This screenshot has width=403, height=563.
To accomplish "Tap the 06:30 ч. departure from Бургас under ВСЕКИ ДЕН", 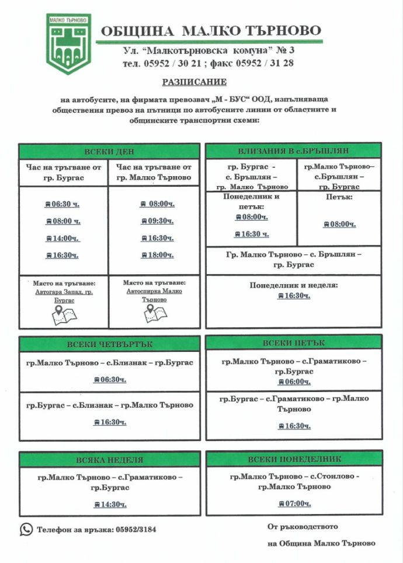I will pyautogui.click(x=62, y=204).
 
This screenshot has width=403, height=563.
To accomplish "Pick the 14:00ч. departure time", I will pyautogui.click(x=62, y=238).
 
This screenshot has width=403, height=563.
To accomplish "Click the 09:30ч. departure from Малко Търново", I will pyautogui.click(x=157, y=221).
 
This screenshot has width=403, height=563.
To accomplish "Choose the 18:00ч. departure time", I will pyautogui.click(x=157, y=255).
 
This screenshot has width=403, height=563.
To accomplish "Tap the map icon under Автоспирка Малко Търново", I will pyautogui.click(x=154, y=313).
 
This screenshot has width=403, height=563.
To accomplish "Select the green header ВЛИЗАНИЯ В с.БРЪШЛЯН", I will pyautogui.click(x=293, y=151).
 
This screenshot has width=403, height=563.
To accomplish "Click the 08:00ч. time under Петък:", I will pyautogui.click(x=339, y=224).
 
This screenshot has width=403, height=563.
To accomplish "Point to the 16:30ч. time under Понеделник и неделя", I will pyautogui.click(x=294, y=296).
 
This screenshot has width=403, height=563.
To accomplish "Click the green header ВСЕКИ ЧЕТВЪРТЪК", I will pyautogui.click(x=109, y=344).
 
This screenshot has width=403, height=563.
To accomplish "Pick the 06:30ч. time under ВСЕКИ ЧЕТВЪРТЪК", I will pyautogui.click(x=110, y=380).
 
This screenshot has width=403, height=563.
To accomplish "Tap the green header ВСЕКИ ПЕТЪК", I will pyautogui.click(x=294, y=342).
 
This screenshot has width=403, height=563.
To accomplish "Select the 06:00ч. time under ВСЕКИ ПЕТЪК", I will pyautogui.click(x=294, y=382).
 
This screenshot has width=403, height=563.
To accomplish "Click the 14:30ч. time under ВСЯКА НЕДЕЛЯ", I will pyautogui.click(x=110, y=505).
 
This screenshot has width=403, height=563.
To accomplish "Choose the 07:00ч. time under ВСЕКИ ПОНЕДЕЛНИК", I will pyautogui.click(x=294, y=503).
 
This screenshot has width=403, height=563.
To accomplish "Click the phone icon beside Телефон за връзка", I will pyautogui.click(x=26, y=529).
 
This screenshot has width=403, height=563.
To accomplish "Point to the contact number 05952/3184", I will pyautogui.click(x=136, y=530).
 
